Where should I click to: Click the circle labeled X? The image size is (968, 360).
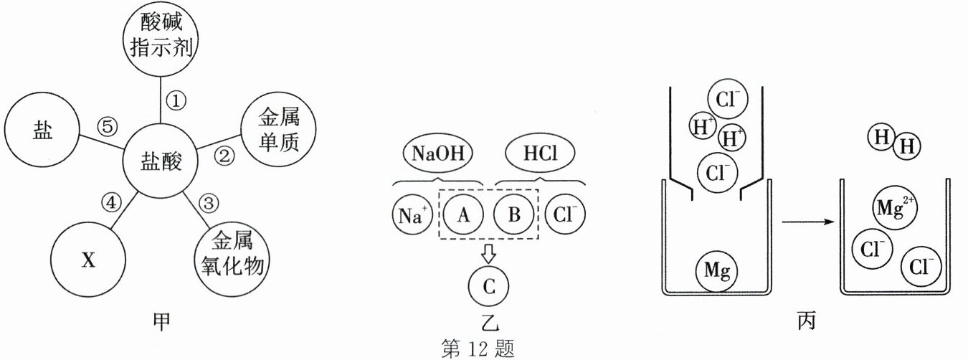88,260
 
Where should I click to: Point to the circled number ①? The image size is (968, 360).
176,100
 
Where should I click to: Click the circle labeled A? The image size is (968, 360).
462,214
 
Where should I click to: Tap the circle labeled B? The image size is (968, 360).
514,214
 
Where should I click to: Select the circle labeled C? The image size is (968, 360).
489,285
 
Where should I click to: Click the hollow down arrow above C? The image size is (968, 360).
489,252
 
